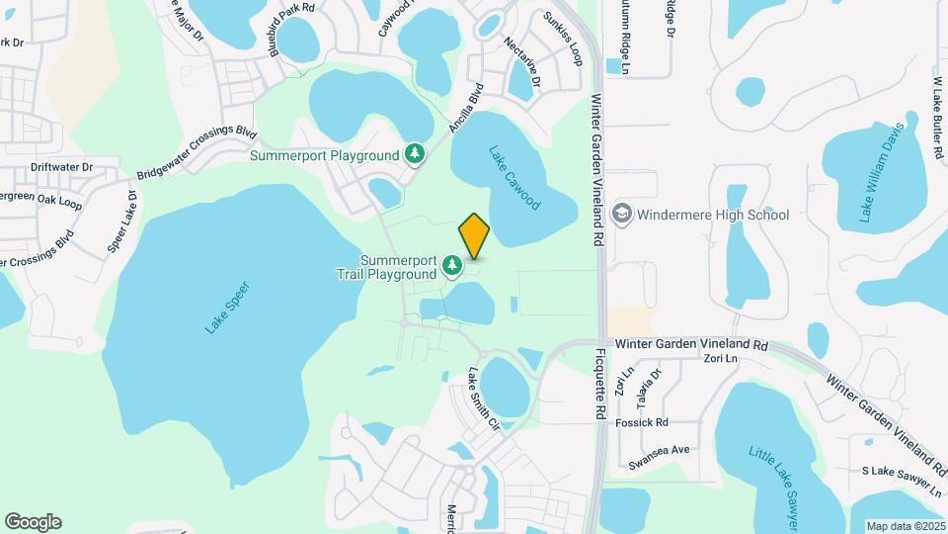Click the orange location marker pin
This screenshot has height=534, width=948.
pos(474,236)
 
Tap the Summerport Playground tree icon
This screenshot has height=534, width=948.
pos(416,154)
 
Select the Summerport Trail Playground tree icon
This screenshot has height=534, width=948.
pos(452,265)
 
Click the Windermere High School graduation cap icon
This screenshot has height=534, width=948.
pos(622,214)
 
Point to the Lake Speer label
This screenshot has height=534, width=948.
pos(227,308)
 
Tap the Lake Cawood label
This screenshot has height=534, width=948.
pos(514,178)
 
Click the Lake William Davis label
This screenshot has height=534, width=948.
pos(881,174)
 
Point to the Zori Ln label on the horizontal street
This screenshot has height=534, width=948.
pos(720,359)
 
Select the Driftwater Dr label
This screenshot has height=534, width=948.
pos(61,169)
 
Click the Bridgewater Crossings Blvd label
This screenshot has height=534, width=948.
pos(196,153)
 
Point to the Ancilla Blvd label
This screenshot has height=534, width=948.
pos(463,108)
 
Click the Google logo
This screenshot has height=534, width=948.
pos(33,522)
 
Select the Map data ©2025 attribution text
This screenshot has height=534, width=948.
pos(904,526)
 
